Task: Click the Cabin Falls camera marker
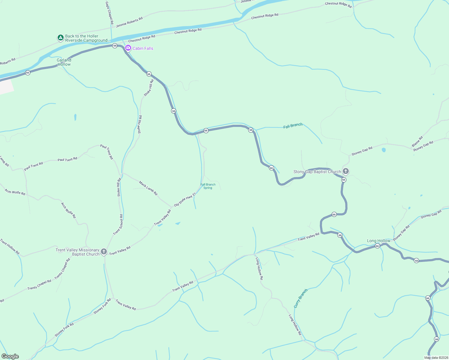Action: (128, 48)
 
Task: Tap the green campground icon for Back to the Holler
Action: (60, 38)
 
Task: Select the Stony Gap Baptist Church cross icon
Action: (346, 171)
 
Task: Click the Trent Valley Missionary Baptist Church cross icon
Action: (104, 252)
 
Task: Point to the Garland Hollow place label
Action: (64, 62)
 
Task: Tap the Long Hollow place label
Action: (378, 241)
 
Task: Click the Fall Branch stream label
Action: (293, 126)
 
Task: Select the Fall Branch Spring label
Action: (208, 186)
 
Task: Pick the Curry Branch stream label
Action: (300, 298)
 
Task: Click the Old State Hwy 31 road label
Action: (185, 200)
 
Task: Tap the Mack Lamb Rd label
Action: (148, 188)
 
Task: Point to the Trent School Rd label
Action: (118, 225)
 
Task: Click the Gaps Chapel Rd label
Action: (109, 13)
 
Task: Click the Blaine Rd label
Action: (417, 141)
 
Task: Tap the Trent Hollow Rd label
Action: (10, 247)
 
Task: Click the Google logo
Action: (10, 356)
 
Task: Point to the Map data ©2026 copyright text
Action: (436, 358)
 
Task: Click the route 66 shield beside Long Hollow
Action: (377, 246)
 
